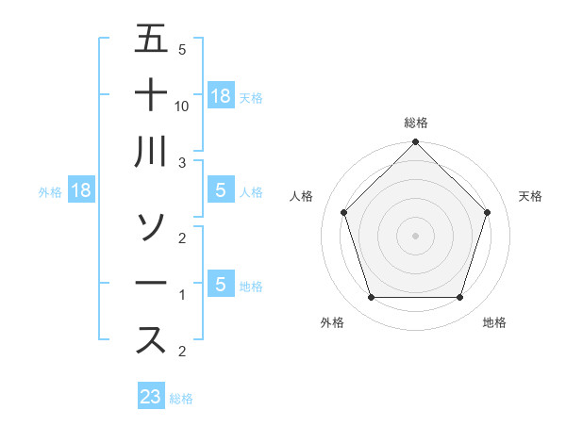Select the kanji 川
[x=151, y=151]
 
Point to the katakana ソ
[x=151, y=226]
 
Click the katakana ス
[x=151, y=339]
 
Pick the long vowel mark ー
[x=151, y=284]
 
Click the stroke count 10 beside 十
[x=183, y=107]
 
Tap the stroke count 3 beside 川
[x=183, y=163]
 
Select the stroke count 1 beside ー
[x=183, y=295]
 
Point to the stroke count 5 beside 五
[x=182, y=50]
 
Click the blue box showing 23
[x=151, y=397]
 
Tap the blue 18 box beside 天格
[x=221, y=95]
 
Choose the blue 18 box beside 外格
[x=81, y=191]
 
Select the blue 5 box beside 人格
[x=221, y=191]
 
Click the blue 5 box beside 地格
[x=221, y=284]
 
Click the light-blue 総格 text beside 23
[x=181, y=399]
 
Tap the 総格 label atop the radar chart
[x=415, y=123]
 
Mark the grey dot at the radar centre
[x=415, y=234]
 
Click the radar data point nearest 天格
[x=487, y=212]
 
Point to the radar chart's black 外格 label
[x=332, y=322]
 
